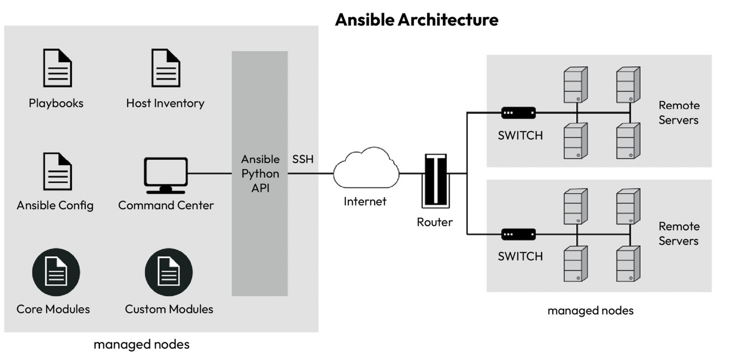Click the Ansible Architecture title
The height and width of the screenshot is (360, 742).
pyautogui.click(x=416, y=20)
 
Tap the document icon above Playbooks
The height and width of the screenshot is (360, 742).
pyautogui.click(x=57, y=68)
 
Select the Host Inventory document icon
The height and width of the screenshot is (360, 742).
pyautogui.click(x=165, y=68)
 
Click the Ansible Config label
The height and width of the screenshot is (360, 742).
pyautogui.click(x=55, y=205)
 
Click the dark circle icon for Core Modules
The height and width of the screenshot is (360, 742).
pyautogui.click(x=56, y=272)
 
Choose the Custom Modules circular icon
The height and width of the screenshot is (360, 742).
pyautogui.click(x=169, y=272)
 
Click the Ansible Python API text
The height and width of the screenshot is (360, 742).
pyautogui.click(x=260, y=174)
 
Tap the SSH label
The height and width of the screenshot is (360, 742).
pyautogui.click(x=303, y=159)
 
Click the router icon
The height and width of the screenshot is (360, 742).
pyautogui.click(x=436, y=181)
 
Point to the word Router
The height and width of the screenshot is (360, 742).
pyautogui.click(x=434, y=222)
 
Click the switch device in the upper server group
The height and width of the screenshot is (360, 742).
pyautogui.click(x=518, y=113)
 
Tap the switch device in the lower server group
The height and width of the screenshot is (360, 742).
pyautogui.click(x=518, y=234)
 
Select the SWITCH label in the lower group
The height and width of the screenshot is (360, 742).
pyautogui.click(x=520, y=256)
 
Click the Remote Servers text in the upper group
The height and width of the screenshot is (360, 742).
pyautogui.click(x=679, y=113)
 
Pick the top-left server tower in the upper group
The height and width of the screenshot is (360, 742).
pyautogui.click(x=575, y=85)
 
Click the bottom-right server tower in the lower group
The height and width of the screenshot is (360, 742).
pyautogui.click(x=628, y=264)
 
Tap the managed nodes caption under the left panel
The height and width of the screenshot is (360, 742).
pyautogui.click(x=141, y=344)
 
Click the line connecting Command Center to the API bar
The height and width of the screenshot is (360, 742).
pyautogui.click(x=210, y=174)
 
